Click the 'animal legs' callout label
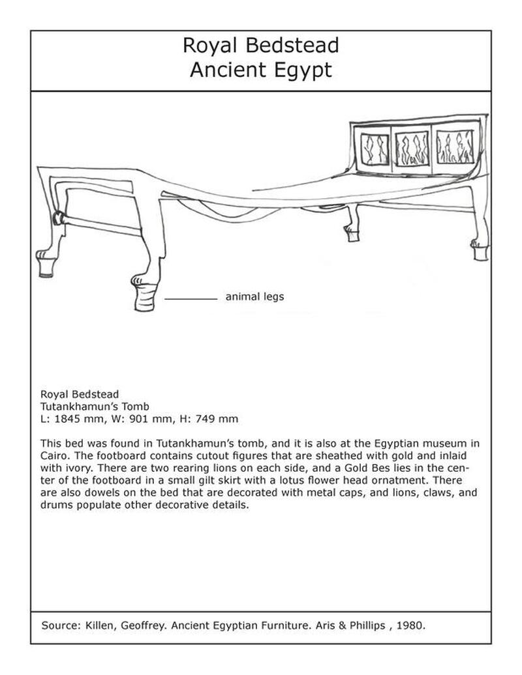[x=254, y=297]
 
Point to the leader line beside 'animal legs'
[x=191, y=298]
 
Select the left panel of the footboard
[x=375, y=148]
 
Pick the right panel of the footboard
[x=455, y=147]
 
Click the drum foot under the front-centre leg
[x=146, y=296]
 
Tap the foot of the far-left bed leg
[x=46, y=265]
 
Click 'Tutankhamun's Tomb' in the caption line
[x=95, y=406]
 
